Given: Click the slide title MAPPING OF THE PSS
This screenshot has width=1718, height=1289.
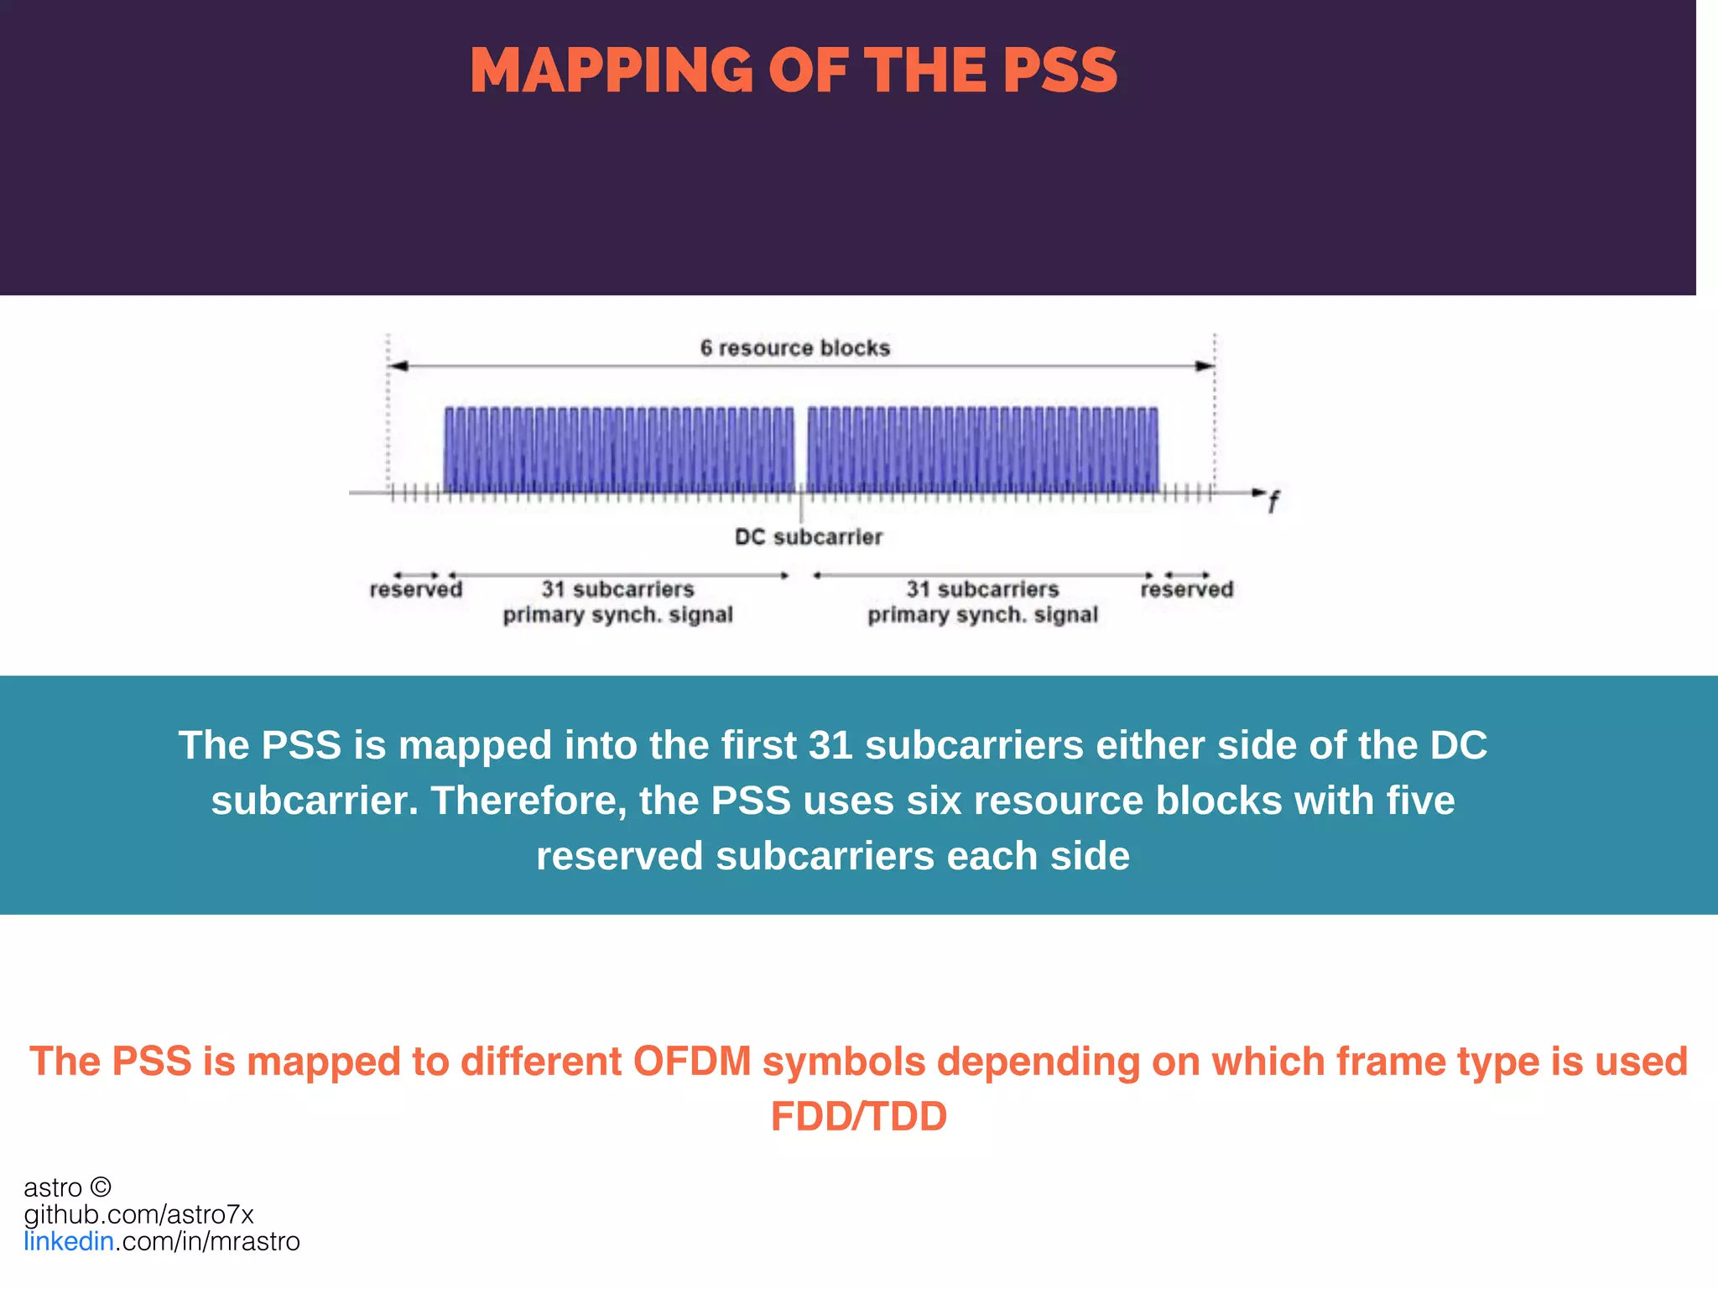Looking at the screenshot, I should [794, 70].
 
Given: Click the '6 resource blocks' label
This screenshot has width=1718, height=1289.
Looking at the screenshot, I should [794, 347].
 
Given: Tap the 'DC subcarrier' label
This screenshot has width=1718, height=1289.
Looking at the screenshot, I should [808, 537].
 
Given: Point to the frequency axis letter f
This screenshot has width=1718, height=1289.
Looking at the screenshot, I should [1273, 503].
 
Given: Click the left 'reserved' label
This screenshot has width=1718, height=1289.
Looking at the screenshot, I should [415, 589].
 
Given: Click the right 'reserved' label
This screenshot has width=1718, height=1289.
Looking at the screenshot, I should [1186, 589].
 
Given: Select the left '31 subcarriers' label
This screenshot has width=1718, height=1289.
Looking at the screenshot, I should [617, 589].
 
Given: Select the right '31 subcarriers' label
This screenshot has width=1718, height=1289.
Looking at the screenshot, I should [982, 589].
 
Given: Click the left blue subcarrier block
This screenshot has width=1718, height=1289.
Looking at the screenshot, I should [619, 449].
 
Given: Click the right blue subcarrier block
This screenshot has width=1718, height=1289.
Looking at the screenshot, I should [982, 449].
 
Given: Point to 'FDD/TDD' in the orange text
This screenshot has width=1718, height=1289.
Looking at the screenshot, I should [858, 1116].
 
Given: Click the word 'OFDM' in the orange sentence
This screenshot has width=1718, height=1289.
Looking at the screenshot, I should [692, 1062].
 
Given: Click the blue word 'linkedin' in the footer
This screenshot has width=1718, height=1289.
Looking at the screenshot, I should [69, 1241].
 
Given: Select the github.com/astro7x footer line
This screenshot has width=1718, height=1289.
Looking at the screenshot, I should [138, 1214].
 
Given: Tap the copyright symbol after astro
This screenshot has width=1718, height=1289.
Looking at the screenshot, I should [101, 1187].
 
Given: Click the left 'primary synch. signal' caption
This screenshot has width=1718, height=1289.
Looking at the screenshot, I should [617, 615].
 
